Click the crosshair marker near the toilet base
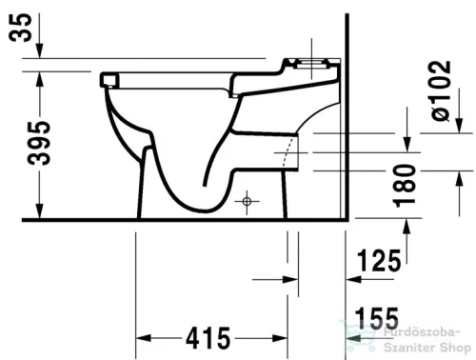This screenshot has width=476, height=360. pyautogui.click(x=247, y=202)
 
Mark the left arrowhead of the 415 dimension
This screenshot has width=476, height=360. pyautogui.click(x=143, y=338)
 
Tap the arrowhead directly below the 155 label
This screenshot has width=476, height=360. pyautogui.click(x=352, y=338)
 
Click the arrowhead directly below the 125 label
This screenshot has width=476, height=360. pyautogui.click(x=352, y=280)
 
